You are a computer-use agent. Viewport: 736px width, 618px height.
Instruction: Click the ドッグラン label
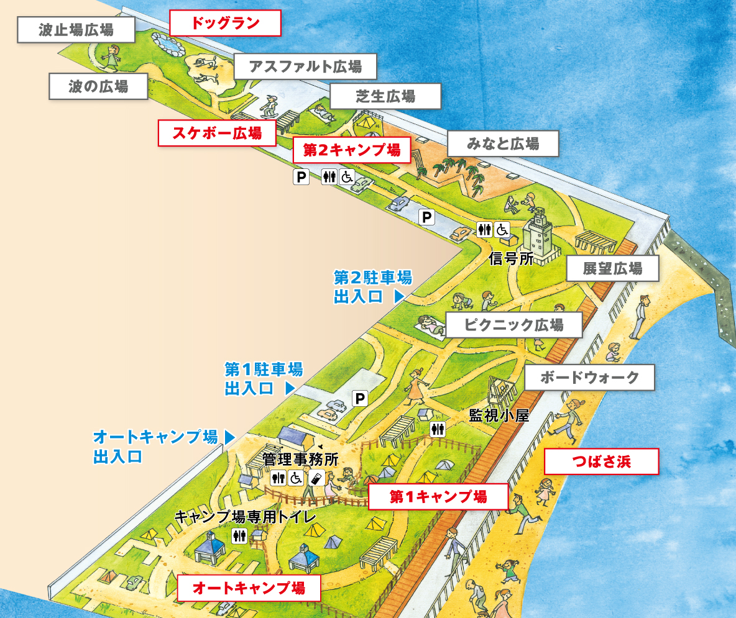click(225, 24)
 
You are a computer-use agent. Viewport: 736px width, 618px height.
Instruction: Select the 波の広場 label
click(98, 86)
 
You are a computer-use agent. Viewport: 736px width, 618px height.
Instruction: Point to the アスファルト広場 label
click(306, 66)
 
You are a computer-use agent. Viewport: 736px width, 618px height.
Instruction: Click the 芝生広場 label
click(385, 96)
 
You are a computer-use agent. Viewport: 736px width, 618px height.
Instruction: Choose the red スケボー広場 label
click(217, 133)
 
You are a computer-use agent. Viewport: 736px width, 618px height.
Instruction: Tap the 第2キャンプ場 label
click(352, 150)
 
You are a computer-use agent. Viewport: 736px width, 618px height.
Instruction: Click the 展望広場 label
click(612, 269)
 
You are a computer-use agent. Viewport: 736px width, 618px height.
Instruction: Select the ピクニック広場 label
click(513, 324)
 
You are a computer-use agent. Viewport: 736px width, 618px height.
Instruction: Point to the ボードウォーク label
click(589, 377)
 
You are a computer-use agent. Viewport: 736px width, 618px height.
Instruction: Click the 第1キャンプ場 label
click(438, 496)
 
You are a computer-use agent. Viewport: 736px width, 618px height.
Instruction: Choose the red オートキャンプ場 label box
click(249, 588)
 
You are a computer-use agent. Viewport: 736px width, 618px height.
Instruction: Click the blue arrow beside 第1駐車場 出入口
click(289, 389)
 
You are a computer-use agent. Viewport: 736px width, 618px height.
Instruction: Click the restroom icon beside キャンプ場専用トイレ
click(239, 536)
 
